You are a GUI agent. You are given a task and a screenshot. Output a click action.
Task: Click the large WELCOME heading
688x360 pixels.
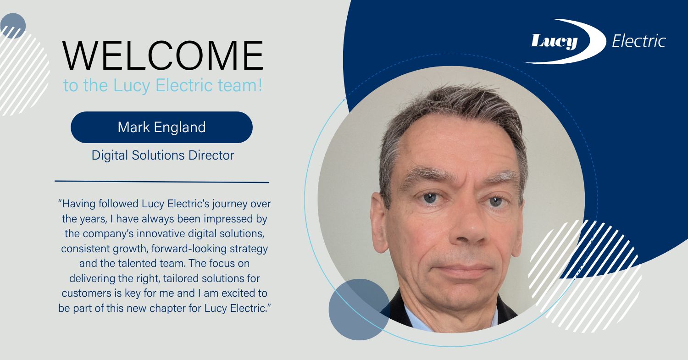163,56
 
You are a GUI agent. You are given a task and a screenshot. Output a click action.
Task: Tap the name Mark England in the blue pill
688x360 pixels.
161,127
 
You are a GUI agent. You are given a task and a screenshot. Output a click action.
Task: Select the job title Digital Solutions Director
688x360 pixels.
163,155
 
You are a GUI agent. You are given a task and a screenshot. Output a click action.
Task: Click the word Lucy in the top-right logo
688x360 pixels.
554,42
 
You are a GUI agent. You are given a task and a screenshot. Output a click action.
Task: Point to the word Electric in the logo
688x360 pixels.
638,41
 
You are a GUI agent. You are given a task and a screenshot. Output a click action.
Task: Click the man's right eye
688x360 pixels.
429,198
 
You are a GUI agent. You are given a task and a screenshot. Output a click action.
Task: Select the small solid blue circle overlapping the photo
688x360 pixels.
359,310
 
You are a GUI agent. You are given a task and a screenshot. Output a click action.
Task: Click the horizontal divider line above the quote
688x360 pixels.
161,182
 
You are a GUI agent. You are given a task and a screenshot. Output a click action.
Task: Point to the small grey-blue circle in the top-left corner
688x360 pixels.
13,26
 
